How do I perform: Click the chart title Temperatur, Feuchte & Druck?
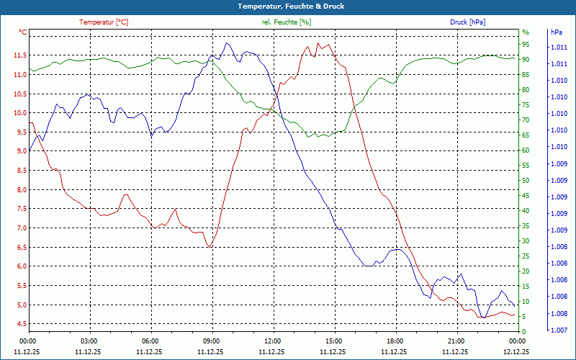pos(288,6)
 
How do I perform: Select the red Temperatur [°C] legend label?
pos(104,22)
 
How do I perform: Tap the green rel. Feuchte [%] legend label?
pos(287,22)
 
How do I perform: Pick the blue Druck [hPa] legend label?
pos(467,22)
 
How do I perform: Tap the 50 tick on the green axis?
pos(526,181)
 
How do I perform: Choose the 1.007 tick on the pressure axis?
pos(558,330)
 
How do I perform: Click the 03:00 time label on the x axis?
pos(89,341)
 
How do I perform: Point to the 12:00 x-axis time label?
pos(273,341)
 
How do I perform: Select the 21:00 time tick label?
pos(456,341)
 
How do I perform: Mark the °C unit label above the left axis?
pos(23,32)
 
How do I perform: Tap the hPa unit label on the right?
pos(557,32)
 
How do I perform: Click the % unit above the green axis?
pos(525,32)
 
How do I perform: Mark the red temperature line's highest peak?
pos(319,43)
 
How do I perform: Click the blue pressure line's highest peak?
pos(228,42)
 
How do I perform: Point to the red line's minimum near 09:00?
pos(210,247)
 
